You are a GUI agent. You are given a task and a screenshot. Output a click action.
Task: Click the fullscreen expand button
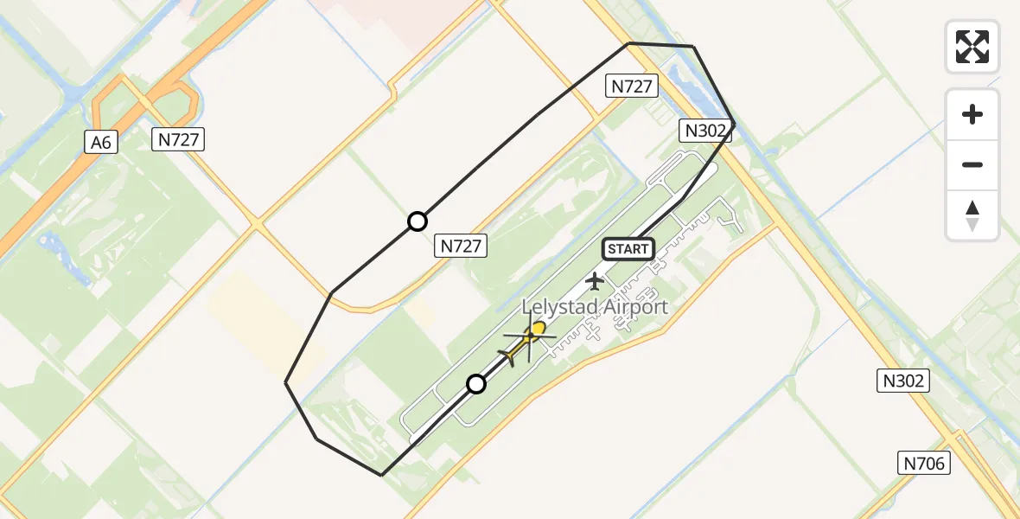[x=972, y=47]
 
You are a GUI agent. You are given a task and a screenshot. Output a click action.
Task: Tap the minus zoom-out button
[x=972, y=164]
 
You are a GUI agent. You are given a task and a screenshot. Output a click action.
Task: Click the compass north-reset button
[x=972, y=215]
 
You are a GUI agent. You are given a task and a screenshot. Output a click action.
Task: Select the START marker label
[x=628, y=249]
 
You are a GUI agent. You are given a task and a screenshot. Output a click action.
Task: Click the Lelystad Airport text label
[x=594, y=307]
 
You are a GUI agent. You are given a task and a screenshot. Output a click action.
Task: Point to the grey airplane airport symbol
[x=595, y=280]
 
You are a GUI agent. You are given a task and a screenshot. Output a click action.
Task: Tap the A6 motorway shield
[x=101, y=143]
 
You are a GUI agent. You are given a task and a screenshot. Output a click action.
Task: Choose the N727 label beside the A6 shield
[x=179, y=138]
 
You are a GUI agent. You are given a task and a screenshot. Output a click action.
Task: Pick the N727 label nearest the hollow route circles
[x=461, y=246]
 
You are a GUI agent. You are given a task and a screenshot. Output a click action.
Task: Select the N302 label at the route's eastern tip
[x=704, y=131]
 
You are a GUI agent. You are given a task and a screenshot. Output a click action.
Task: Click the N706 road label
[x=924, y=464]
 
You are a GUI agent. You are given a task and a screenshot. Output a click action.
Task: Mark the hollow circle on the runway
[x=476, y=384]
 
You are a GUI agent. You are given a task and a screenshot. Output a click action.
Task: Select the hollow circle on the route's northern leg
[x=418, y=222]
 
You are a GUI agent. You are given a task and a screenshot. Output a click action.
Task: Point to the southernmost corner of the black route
[x=381, y=475]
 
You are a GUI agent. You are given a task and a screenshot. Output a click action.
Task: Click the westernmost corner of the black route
[x=286, y=382]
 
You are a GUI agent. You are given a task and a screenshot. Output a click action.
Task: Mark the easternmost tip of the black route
[x=734, y=123]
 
